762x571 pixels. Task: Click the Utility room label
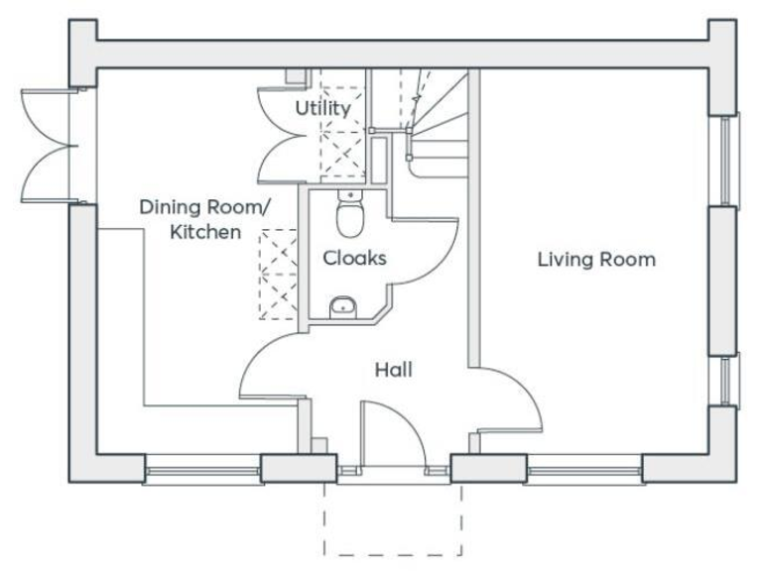pyautogui.click(x=322, y=108)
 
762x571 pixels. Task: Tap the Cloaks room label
pyautogui.click(x=354, y=258)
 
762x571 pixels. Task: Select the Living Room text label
pyautogui.click(x=596, y=260)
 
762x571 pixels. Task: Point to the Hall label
pyautogui.click(x=393, y=370)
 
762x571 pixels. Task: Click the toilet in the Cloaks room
pyautogui.click(x=348, y=212)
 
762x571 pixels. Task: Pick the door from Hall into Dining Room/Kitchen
pyautogui.click(x=268, y=367)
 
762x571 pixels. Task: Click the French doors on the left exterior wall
pyautogui.click(x=48, y=143)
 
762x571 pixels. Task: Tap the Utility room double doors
pyautogui.click(x=277, y=134)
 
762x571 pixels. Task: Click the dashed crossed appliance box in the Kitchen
pyautogui.click(x=278, y=274)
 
